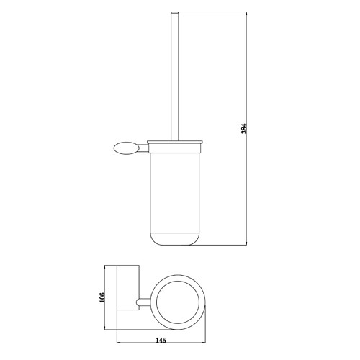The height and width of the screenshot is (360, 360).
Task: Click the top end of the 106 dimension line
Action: click(109, 265)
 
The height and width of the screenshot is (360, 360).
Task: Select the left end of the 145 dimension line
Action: click(117, 336)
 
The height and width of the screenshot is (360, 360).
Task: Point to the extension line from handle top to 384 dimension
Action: click(216, 13)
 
